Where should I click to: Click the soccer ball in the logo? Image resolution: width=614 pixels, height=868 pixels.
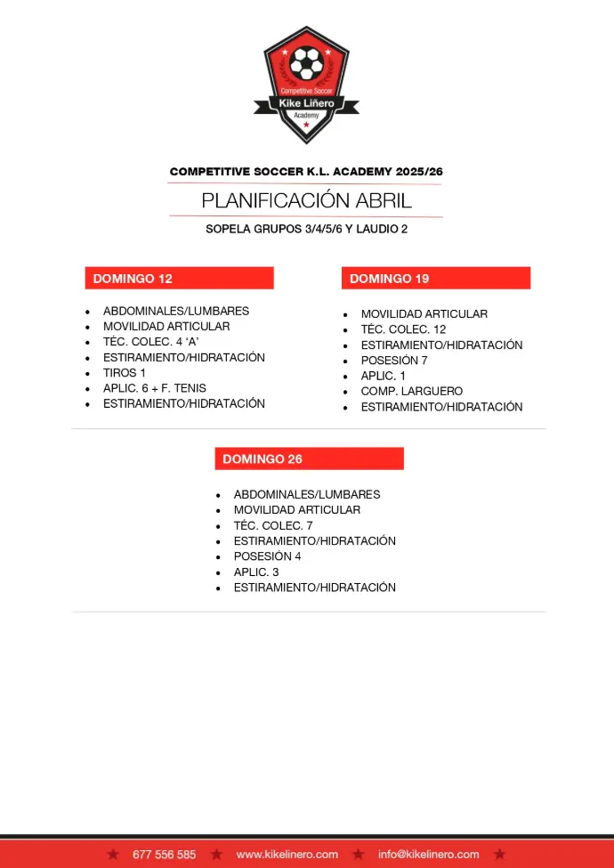coord(307,62)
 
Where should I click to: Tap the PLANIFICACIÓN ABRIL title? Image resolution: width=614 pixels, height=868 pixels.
coord(306,200)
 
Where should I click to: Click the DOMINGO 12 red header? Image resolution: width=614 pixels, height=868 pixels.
coord(179,279)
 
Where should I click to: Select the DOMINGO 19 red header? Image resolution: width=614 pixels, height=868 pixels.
coord(435,279)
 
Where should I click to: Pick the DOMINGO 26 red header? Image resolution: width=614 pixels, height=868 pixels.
coord(309,459)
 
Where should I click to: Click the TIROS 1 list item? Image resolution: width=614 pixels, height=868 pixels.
coord(125,373)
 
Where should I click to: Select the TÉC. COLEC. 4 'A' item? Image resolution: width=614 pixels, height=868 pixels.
coord(150,342)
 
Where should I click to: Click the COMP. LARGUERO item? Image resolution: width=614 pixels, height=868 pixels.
coord(411,391)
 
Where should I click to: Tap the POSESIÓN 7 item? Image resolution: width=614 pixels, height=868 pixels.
coord(394,361)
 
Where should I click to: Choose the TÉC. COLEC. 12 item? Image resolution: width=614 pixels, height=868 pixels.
coord(403,329)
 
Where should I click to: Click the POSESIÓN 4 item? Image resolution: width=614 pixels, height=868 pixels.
coord(267,556)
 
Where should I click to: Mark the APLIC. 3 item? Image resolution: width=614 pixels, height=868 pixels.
coord(256,572)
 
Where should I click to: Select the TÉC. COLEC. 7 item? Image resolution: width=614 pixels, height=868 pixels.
coord(273,525)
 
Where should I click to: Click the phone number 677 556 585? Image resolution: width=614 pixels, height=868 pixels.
coord(164,855)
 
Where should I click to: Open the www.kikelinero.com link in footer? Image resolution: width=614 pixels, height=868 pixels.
coord(287,855)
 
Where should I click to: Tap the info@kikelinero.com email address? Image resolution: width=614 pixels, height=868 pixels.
coord(429,855)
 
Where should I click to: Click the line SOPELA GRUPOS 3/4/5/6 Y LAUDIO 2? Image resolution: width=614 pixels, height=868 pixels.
coord(306,229)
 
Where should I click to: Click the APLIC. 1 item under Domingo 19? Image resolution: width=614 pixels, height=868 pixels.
coord(383,376)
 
